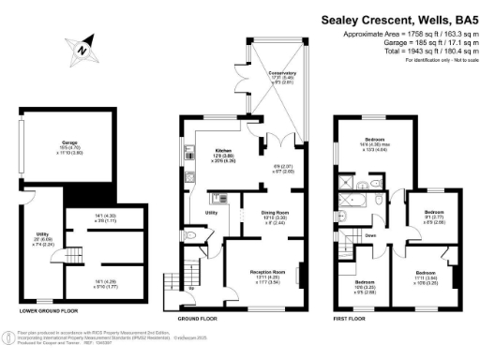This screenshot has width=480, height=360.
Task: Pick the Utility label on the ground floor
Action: [x=212, y=213]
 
